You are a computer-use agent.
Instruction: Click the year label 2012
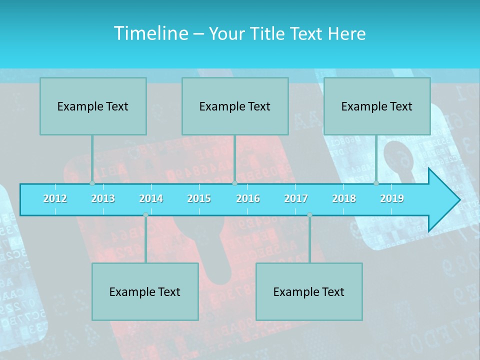tap(55, 198)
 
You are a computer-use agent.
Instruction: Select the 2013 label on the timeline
tap(103, 198)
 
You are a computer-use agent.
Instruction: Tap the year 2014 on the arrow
tap(151, 198)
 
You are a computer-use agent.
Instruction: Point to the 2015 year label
tap(199, 198)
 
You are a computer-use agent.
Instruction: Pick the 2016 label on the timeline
tap(248, 198)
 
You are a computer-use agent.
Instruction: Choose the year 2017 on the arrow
tap(296, 198)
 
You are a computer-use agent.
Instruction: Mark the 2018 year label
tap(344, 198)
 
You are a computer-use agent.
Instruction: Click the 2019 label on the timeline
tap(392, 198)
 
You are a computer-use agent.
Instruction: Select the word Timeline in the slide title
tap(150, 33)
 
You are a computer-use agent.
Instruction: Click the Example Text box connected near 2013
tap(93, 106)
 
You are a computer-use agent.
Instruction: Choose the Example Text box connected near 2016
tap(235, 106)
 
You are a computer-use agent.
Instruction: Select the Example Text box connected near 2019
tap(377, 106)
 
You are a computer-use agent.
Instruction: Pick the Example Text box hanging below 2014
tap(145, 291)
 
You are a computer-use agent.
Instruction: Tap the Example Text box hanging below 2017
tap(309, 291)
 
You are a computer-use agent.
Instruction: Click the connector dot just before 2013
tap(92, 183)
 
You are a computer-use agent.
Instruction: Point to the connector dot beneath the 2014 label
tap(145, 215)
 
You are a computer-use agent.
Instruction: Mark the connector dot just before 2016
tap(234, 183)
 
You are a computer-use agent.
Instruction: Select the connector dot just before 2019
tap(376, 183)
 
